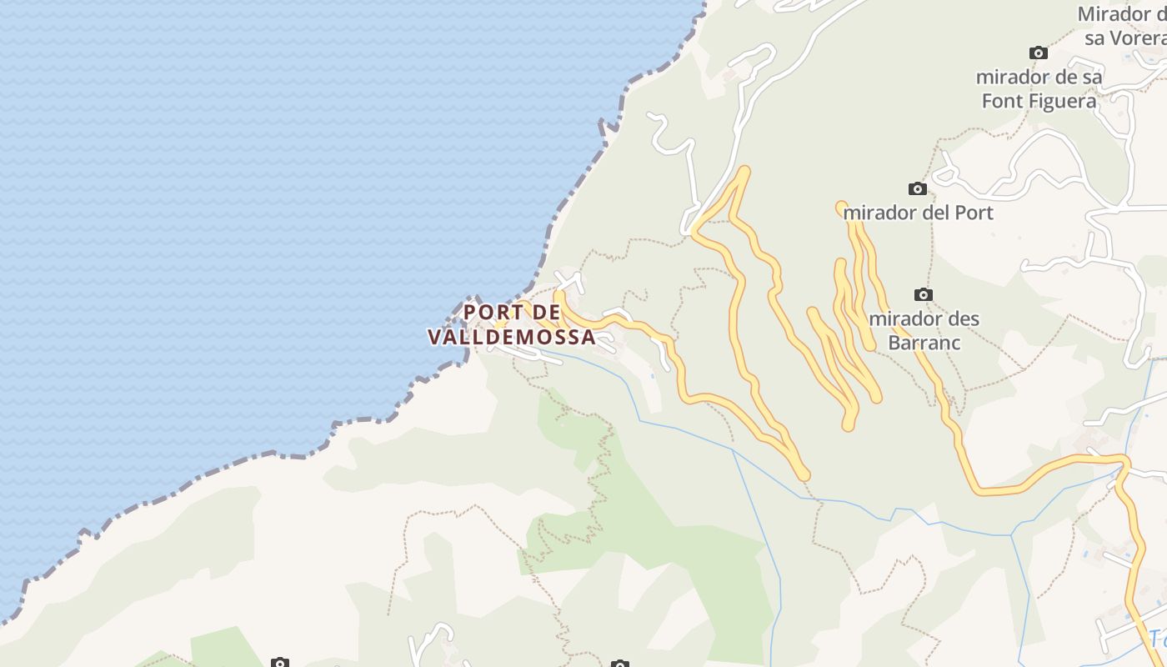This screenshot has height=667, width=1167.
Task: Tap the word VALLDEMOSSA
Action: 512,337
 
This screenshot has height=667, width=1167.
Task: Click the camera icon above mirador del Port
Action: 917,188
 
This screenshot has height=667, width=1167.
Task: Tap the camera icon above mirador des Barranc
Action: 923,294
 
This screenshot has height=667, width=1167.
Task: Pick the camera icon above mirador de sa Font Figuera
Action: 1038,53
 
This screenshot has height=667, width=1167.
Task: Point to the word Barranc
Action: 924,343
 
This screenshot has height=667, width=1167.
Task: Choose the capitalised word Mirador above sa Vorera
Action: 1115,14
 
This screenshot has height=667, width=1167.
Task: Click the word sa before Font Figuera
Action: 1092,78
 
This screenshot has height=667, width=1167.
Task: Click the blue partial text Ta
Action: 1157,639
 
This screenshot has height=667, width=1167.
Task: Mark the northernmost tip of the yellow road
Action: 744,169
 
